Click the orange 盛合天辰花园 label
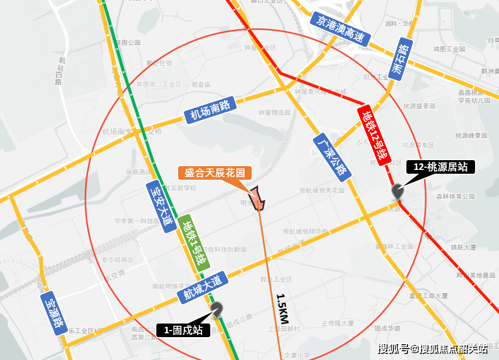point(215,173)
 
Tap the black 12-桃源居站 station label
point(441,167)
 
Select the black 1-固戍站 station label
point(183,330)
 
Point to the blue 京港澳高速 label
point(340,29)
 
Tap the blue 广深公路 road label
point(332,157)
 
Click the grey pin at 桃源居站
point(398,192)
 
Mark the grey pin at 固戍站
point(217,309)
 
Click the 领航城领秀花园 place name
point(322,191)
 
